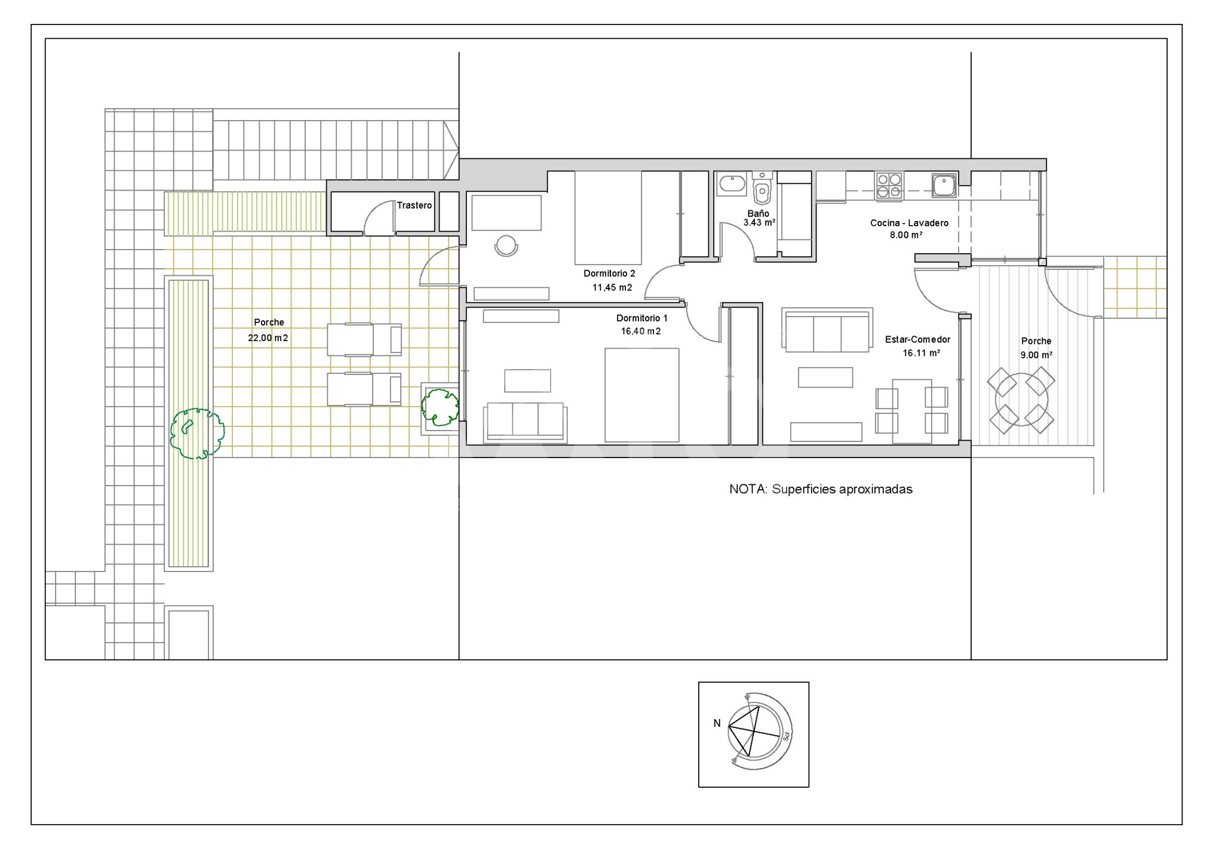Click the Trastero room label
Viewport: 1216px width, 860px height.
point(414,205)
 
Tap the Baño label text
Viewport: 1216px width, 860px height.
point(759,213)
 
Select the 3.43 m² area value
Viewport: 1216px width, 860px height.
point(759,223)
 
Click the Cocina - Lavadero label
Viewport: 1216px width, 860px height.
point(909,223)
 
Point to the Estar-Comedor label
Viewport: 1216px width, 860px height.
point(917,339)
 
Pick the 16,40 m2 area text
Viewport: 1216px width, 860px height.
point(641,331)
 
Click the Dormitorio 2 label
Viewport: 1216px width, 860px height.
point(609,274)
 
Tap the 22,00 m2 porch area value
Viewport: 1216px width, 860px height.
point(268,338)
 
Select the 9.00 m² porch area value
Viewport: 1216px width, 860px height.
point(1036,355)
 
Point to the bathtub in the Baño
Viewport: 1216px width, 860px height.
point(732,184)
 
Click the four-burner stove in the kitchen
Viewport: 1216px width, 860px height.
point(889,185)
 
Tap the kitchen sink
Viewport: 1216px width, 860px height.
point(944,185)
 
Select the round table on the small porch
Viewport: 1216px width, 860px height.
point(1021,400)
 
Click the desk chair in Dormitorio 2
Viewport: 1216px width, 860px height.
point(506,246)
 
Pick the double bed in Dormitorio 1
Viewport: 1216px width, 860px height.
point(642,395)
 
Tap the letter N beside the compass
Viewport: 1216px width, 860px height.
point(717,723)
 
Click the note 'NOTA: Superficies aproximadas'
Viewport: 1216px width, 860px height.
point(821,489)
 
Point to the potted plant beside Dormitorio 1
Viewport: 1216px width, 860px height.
point(441,407)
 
